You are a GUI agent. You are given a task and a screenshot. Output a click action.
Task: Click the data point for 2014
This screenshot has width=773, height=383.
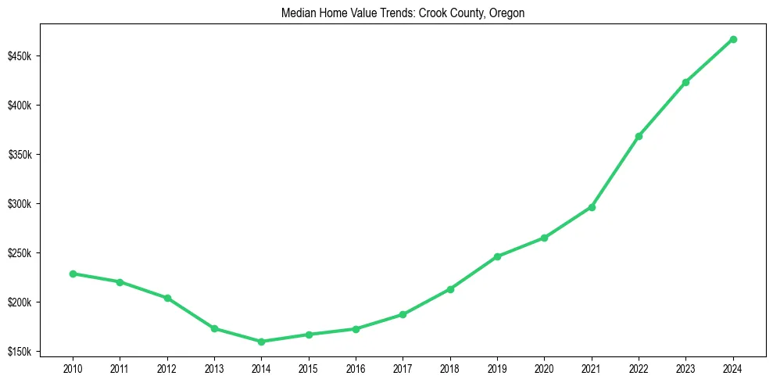click(261, 342)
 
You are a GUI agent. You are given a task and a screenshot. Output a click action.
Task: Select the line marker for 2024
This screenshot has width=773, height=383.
click(733, 39)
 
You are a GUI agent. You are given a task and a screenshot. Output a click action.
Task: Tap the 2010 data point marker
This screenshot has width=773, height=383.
click(73, 274)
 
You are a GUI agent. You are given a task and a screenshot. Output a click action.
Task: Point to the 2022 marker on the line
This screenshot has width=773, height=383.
click(639, 136)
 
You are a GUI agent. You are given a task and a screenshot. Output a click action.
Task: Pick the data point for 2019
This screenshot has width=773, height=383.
click(497, 256)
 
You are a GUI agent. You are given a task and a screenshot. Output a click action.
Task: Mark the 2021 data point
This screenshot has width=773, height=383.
click(592, 207)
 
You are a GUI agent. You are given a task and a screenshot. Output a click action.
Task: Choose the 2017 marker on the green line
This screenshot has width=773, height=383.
click(403, 314)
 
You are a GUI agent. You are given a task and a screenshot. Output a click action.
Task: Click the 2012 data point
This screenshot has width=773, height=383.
click(167, 298)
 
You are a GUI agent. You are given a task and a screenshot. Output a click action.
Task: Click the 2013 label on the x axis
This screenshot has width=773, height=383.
click(214, 367)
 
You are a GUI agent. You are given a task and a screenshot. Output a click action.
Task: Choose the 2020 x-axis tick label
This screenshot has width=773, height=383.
click(544, 367)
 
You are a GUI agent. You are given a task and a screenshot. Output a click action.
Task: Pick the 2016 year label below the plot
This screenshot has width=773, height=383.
click(356, 367)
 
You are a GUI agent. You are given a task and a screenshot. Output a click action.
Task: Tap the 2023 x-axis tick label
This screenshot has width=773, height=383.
click(685, 367)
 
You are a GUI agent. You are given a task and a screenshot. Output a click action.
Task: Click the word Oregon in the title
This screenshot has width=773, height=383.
click(508, 13)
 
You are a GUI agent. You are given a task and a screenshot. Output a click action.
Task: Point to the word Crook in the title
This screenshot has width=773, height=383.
click(435, 13)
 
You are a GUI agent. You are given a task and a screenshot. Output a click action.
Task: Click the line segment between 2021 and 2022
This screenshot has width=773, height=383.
click(615, 172)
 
